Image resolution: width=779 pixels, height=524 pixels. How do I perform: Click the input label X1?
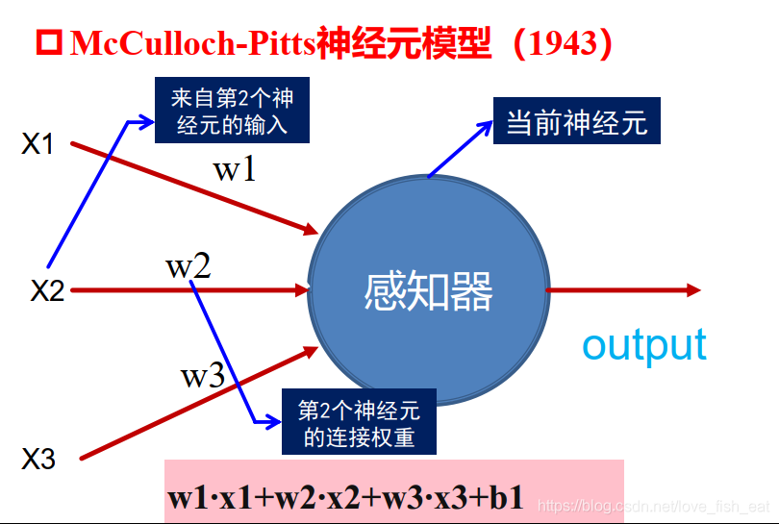click(x=38, y=144)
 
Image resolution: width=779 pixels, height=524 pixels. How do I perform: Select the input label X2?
click(x=47, y=290)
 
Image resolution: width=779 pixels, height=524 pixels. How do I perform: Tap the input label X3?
click(x=38, y=459)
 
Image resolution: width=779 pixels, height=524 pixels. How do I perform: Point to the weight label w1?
click(x=235, y=169)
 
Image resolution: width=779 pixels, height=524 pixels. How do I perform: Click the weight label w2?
click(x=188, y=266)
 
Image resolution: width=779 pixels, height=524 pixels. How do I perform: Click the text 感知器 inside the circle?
click(x=428, y=291)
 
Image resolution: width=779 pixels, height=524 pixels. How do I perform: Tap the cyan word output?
click(x=644, y=346)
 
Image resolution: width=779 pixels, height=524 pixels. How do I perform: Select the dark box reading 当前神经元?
click(x=577, y=121)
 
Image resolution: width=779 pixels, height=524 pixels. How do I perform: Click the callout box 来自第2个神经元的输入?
click(x=232, y=110)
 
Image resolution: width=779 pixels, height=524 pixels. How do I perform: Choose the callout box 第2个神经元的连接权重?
click(x=359, y=422)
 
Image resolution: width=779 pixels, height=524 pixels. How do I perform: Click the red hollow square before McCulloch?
click(x=49, y=42)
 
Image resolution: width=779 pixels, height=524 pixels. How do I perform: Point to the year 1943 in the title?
click(x=563, y=42)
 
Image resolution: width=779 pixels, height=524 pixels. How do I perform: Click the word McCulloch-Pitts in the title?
click(x=192, y=42)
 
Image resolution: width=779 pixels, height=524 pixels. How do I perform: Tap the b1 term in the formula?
click(x=506, y=497)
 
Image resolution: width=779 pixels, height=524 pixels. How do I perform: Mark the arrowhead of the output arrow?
click(x=693, y=290)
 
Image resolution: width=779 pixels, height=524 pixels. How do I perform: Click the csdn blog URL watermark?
click(x=653, y=506)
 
